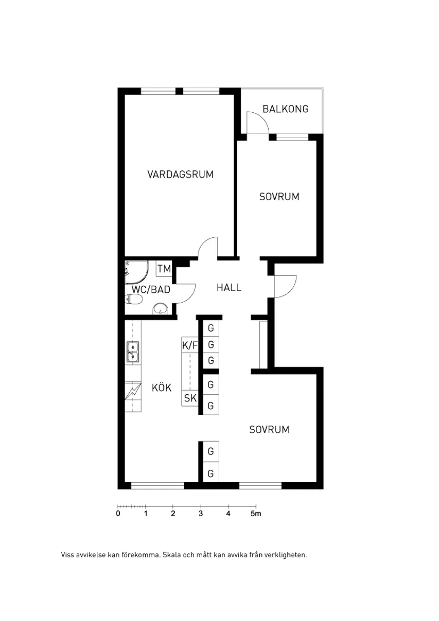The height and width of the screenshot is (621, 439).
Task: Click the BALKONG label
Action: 285,109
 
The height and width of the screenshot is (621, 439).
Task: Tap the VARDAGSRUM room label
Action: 180,174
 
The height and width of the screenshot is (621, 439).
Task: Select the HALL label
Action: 229,287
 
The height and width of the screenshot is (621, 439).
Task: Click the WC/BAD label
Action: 151,289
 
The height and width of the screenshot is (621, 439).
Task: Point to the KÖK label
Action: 161,387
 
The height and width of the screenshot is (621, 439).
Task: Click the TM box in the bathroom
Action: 164,269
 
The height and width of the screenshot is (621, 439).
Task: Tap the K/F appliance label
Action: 189,345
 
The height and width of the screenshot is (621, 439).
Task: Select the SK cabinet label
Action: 190,398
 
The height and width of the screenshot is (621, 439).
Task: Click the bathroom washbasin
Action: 160,308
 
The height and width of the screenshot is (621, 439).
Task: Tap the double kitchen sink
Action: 132,352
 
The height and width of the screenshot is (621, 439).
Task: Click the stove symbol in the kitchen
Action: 132,392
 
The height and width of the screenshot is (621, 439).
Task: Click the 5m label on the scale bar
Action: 256,514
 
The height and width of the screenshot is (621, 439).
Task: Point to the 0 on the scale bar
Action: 118,514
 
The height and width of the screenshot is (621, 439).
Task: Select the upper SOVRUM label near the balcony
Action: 279,197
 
